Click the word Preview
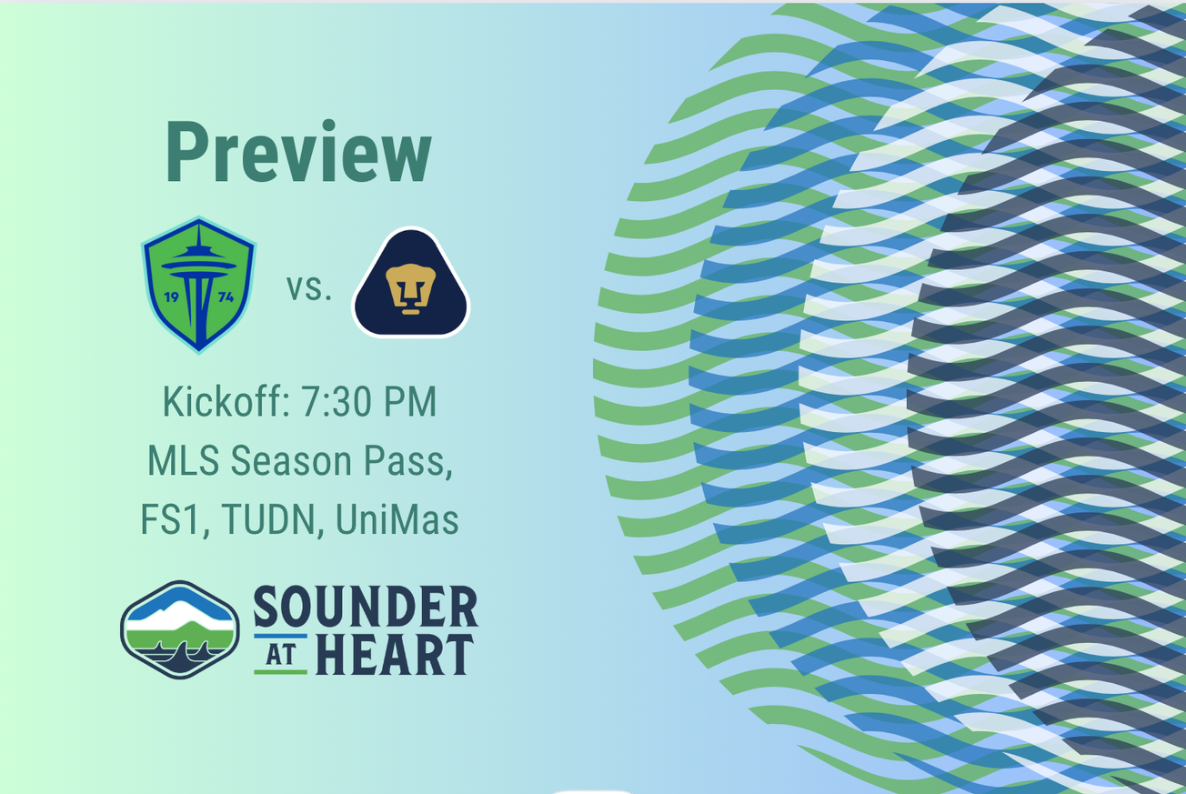[x=298, y=154]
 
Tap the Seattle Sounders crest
[x=198, y=284]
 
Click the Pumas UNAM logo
[x=410, y=284]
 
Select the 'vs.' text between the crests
[x=309, y=287]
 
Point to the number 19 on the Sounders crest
[x=171, y=296]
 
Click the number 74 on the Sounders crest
[x=226, y=296]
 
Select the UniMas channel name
[x=397, y=519]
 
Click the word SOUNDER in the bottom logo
[x=365, y=607]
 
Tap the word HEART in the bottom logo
[x=393, y=655]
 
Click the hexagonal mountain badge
[x=179, y=629]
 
